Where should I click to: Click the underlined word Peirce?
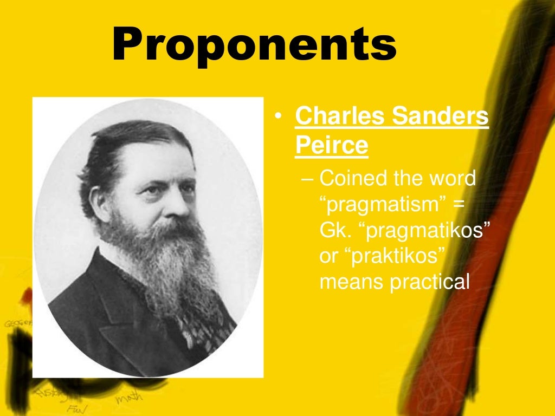click(332, 146)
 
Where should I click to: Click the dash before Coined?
click(308, 178)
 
